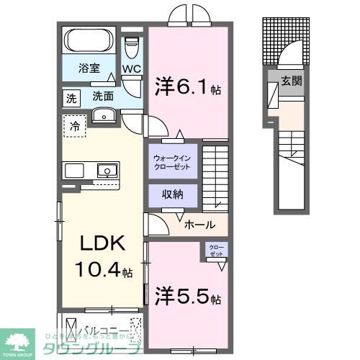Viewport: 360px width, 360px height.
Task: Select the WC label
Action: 131,69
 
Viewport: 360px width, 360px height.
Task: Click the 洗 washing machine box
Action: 71,96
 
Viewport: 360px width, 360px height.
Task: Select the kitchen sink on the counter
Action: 107,171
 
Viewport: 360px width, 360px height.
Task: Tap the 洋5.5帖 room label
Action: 186,296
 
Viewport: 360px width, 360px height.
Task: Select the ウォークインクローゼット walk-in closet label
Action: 173,161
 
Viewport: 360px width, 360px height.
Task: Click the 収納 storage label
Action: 173,194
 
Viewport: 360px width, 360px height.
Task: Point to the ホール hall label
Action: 199,225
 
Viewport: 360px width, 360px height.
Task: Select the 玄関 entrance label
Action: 292,81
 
